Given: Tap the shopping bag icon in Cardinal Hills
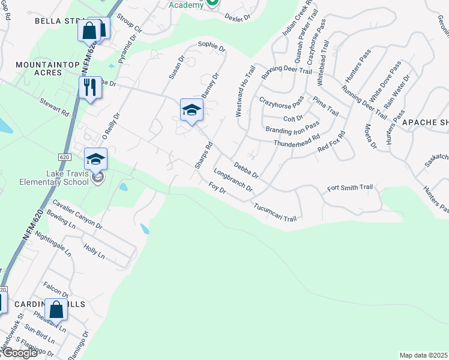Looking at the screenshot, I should tap(56, 310).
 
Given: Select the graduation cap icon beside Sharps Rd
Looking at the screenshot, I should tap(191, 110).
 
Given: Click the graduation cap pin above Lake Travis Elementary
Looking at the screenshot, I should tap(95, 159).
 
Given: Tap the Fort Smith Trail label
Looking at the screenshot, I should tap(350, 188).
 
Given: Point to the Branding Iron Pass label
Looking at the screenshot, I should tap(292, 129).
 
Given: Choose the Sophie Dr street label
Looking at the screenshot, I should tap(211, 46).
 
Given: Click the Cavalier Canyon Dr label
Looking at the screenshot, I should tap(77, 212).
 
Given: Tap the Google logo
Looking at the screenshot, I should tap(19, 353).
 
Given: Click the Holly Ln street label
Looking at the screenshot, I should tap(94, 251).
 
